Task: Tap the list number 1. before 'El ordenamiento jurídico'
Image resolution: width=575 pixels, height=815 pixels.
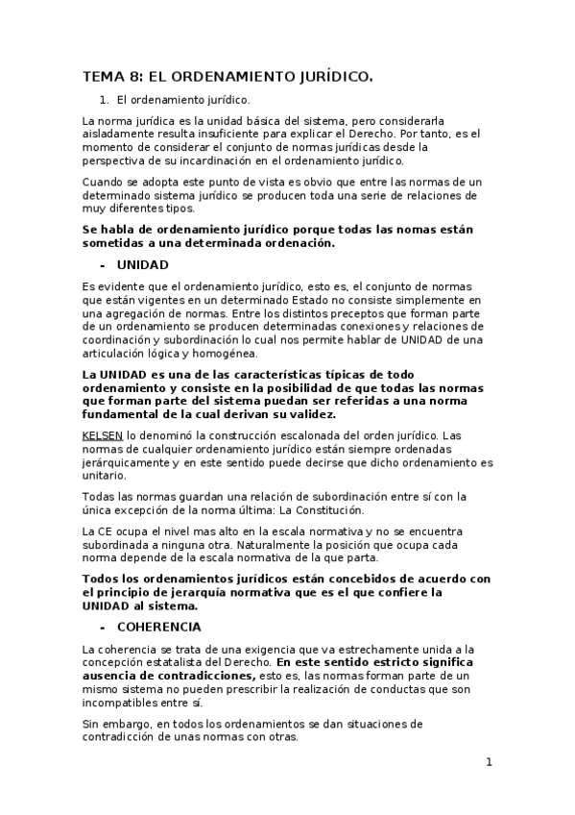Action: click(105, 99)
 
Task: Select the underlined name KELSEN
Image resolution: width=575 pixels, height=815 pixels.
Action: click(102, 435)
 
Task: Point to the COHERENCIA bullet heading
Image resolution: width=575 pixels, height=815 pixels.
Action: click(158, 627)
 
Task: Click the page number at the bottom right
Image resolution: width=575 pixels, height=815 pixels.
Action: click(489, 762)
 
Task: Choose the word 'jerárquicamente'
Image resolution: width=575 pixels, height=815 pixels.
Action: click(127, 462)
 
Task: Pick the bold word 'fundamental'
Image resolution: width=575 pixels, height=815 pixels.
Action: click(127, 414)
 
